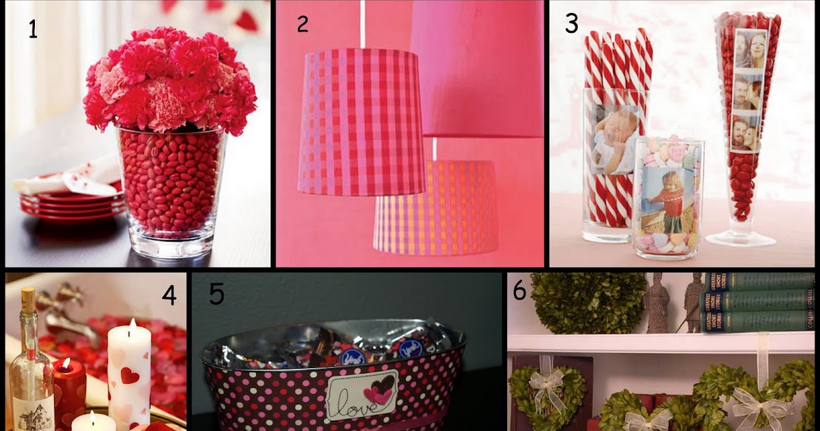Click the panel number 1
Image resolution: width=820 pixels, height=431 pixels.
(x=32, y=29)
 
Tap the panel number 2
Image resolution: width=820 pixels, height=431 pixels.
(x=303, y=24)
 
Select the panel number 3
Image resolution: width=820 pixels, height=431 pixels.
(x=571, y=24)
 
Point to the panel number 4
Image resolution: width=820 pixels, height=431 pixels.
(x=169, y=295)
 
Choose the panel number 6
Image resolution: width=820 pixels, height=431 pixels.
(x=520, y=291)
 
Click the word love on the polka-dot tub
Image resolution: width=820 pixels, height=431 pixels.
(x=348, y=397)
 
